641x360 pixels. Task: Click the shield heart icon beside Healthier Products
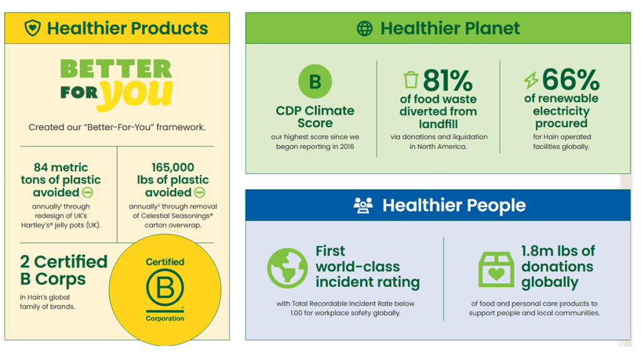pyautogui.click(x=33, y=28)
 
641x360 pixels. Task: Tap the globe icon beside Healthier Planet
pyautogui.click(x=364, y=28)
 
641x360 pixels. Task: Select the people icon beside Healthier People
pyautogui.click(x=363, y=205)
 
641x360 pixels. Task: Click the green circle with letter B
pyautogui.click(x=315, y=81)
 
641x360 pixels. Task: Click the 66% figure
pyautogui.click(x=570, y=80)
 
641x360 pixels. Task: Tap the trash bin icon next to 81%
pyautogui.click(x=411, y=80)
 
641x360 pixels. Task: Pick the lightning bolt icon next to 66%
pyautogui.click(x=531, y=80)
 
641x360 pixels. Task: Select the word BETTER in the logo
pyautogui.click(x=116, y=68)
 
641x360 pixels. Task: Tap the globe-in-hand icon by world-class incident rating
pyautogui.click(x=287, y=268)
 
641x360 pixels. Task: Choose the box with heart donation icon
pyautogui.click(x=496, y=269)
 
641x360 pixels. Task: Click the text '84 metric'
pyautogui.click(x=61, y=167)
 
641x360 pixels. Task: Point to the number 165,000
pyautogui.click(x=173, y=167)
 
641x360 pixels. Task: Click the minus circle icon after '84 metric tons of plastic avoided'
pyautogui.click(x=88, y=193)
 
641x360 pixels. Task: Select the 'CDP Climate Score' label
pyautogui.click(x=315, y=116)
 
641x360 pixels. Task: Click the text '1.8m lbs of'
pyautogui.click(x=558, y=251)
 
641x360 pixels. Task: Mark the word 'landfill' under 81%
pyautogui.click(x=438, y=124)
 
